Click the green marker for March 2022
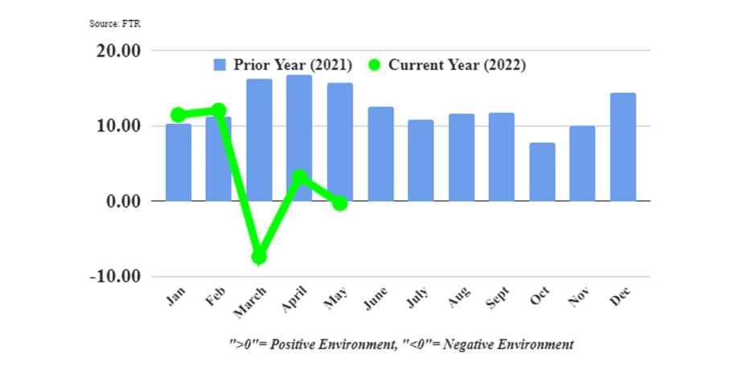[259, 257]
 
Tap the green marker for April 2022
[299, 177]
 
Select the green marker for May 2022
[339, 203]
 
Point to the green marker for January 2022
[179, 115]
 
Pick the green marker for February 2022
[219, 110]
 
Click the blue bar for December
[623, 147]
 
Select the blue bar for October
[542, 172]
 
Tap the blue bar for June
[380, 154]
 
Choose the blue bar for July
[421, 160]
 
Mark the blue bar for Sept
[502, 157]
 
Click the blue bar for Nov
[582, 163]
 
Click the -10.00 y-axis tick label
[116, 277]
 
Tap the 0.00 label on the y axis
[123, 201]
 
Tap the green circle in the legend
[375, 65]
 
